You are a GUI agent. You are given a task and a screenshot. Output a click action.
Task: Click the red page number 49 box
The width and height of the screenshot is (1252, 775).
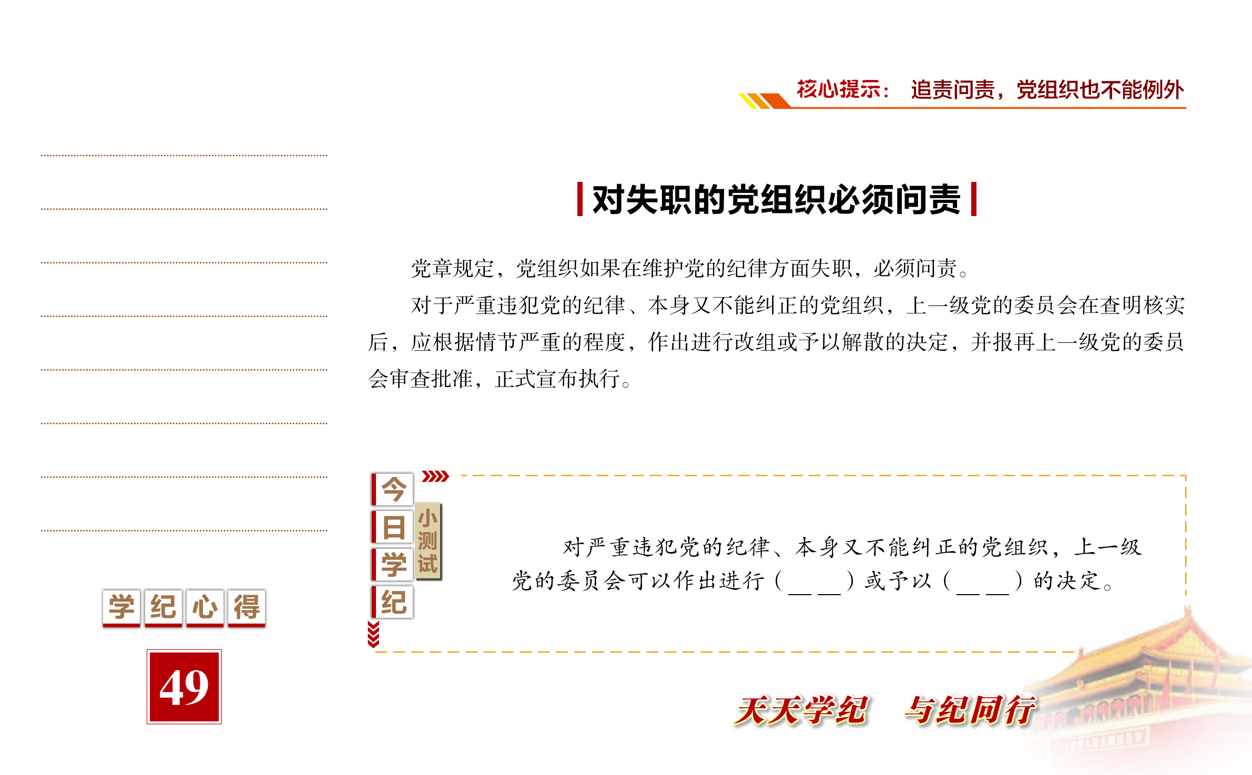[x=184, y=687]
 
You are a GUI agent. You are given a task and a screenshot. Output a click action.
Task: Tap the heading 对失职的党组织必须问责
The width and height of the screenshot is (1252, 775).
[x=777, y=200]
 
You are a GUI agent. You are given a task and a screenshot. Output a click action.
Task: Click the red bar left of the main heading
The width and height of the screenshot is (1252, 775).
[x=580, y=199]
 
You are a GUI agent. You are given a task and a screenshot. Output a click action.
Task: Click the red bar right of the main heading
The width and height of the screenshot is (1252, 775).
[x=974, y=199]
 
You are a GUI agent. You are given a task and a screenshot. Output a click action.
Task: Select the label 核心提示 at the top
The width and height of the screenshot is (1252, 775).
[x=838, y=89]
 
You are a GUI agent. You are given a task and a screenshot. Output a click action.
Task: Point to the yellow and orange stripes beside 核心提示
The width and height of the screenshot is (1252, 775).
[x=764, y=100]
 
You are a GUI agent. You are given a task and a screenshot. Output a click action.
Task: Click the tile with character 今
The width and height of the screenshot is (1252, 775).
[x=393, y=489]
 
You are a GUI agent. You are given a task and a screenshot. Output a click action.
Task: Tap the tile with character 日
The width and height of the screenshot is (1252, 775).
[x=393, y=527]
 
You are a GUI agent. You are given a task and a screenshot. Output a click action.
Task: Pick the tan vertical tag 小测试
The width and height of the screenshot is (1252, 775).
[x=428, y=541]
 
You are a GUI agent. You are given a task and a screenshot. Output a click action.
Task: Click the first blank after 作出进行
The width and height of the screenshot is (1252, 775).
[x=815, y=582]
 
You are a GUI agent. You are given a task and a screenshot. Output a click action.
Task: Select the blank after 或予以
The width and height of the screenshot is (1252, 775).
[x=982, y=582]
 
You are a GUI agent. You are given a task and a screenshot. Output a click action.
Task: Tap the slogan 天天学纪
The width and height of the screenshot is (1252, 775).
[x=801, y=710]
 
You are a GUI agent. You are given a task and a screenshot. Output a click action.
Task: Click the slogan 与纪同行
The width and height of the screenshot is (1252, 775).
[x=970, y=710]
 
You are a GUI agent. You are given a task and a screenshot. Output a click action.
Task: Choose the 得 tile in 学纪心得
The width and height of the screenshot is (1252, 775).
[x=247, y=608]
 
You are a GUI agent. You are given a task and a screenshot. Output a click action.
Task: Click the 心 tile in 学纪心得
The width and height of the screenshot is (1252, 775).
[x=205, y=608]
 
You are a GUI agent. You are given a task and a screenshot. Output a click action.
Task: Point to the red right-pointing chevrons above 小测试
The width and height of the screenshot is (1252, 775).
[x=435, y=476]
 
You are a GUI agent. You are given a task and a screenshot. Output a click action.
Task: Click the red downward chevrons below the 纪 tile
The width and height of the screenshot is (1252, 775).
[x=373, y=634]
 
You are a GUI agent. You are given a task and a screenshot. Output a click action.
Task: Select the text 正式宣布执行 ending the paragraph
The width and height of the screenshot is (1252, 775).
[x=557, y=379]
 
